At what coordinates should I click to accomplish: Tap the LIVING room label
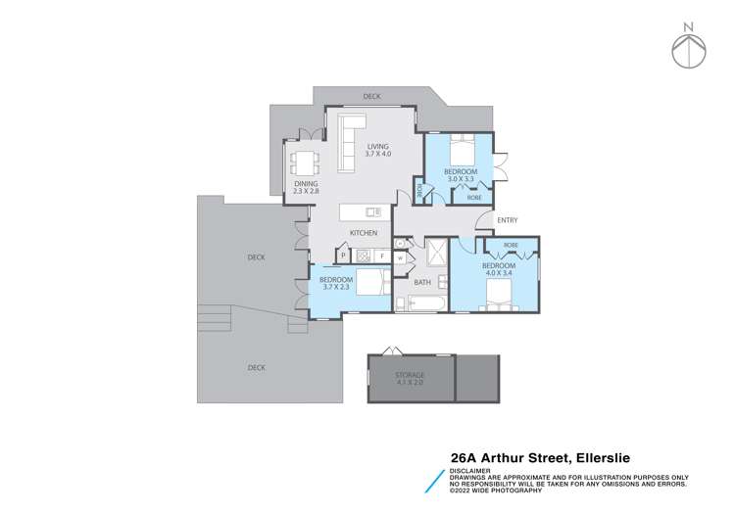378,148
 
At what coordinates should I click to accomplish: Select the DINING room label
307,185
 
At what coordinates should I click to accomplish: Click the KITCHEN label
364,232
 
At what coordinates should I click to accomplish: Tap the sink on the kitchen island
372,210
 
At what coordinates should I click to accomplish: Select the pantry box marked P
343,256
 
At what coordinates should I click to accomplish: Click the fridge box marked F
382,256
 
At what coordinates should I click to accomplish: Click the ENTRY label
508,220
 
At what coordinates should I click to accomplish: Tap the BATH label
422,282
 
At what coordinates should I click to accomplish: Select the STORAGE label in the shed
410,375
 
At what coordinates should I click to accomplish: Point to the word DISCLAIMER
470,469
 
